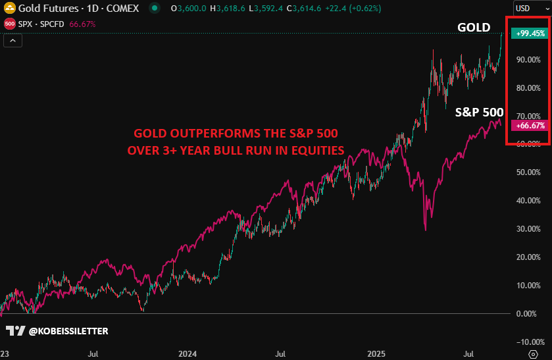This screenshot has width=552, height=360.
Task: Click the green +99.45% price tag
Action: point(529,34)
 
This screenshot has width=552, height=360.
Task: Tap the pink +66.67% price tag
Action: point(529,125)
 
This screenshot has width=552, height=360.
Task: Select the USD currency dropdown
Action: point(529,9)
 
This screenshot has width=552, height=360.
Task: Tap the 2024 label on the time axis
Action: point(188,353)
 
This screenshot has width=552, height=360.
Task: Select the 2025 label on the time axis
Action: point(376,353)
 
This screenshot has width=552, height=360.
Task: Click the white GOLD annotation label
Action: point(474,28)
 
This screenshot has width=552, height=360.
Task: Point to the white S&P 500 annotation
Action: point(479,113)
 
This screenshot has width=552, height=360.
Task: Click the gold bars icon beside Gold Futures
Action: point(10,9)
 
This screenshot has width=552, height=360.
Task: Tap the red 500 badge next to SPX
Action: point(10,24)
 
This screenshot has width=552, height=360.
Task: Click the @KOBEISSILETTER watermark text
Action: point(68,330)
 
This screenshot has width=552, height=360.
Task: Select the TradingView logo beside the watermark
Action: point(14,330)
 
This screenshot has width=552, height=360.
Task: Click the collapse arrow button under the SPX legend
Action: point(13,40)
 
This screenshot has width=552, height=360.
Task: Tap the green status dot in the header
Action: point(154,9)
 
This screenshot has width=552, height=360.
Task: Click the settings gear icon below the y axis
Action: point(533,354)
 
